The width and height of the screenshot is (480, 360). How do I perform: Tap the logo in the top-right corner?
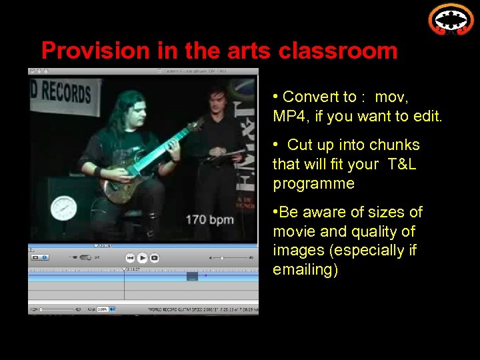click(451, 19)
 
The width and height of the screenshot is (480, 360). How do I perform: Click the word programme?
click(313, 183)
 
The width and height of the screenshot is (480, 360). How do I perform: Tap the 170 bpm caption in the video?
click(209, 219)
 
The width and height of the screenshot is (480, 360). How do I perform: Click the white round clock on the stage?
click(64, 207)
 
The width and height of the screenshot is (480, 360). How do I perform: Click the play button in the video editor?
click(143, 257)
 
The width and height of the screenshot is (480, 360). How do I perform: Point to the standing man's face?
click(216, 100)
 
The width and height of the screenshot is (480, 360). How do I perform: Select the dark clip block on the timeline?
click(192, 276)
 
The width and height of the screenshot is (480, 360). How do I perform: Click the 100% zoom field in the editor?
click(103, 309)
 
